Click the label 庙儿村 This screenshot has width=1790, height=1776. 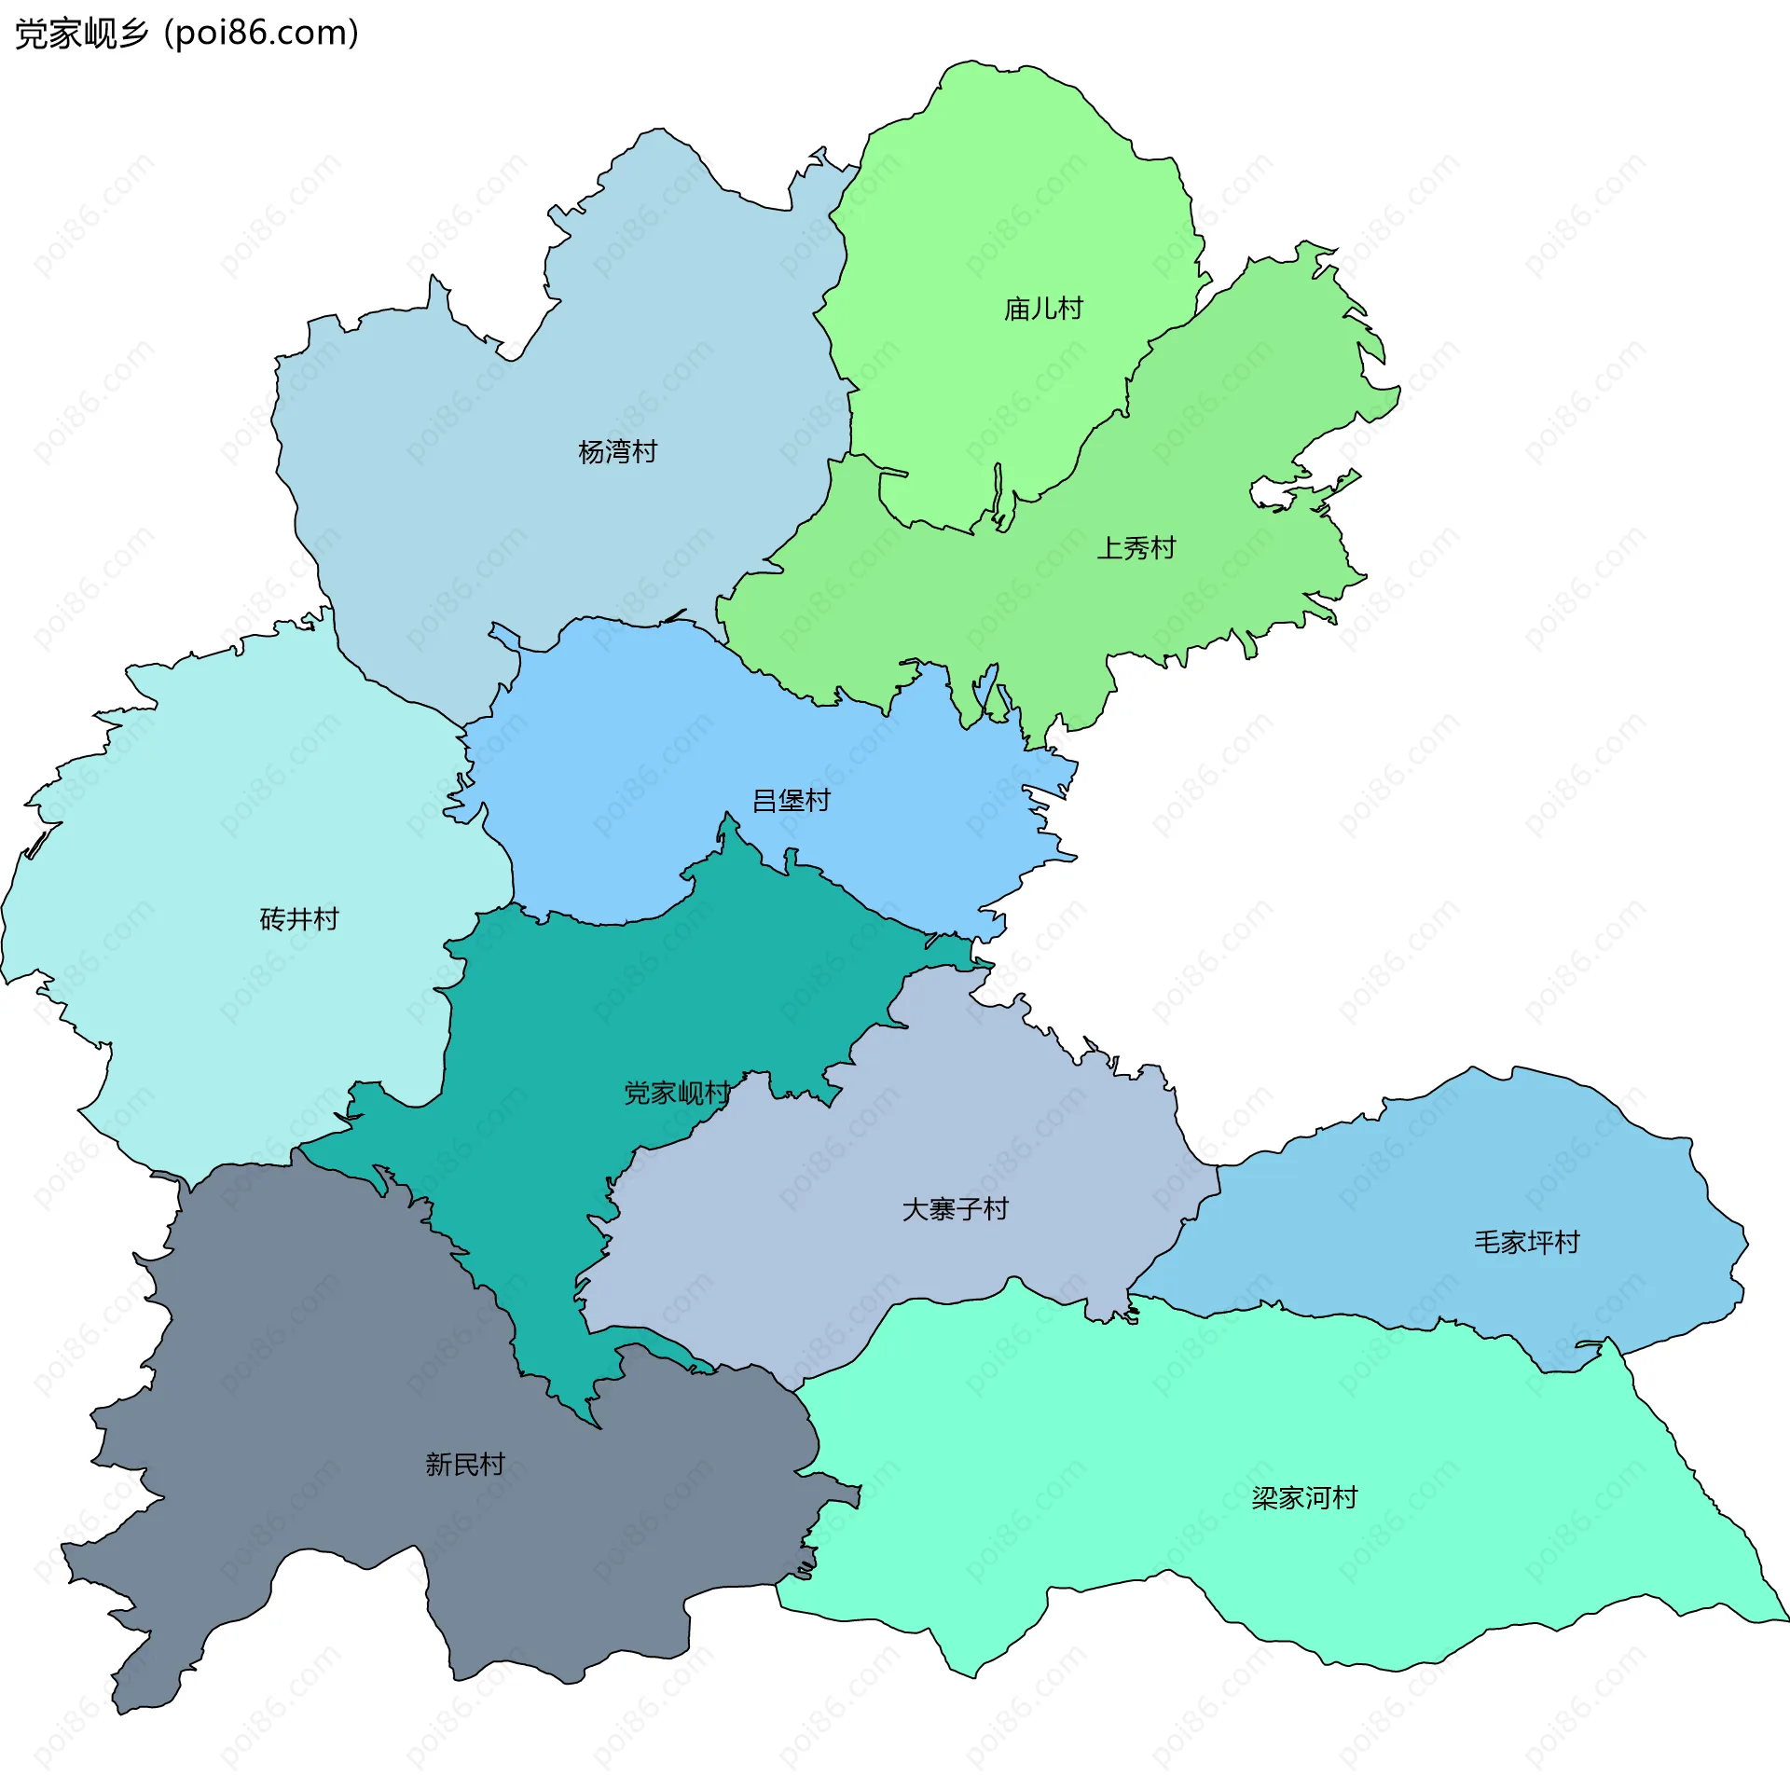(1042, 309)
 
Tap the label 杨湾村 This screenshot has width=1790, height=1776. (617, 452)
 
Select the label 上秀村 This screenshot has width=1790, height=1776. (1136, 548)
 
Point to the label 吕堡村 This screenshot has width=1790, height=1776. (791, 801)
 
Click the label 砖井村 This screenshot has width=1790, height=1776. (298, 919)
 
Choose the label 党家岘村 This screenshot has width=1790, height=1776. (677, 1093)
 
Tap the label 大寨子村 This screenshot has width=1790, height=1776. (955, 1209)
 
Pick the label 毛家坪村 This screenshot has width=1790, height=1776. (1526, 1242)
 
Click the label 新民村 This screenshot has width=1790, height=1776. (464, 1465)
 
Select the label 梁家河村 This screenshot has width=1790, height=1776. (1303, 1498)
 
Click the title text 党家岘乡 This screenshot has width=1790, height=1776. (82, 34)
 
